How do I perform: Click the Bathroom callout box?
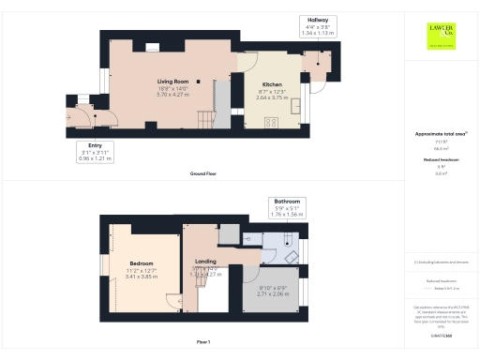coord(286,207)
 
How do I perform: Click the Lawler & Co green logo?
coord(441,34)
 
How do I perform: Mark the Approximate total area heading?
coord(440,134)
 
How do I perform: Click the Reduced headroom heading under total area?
coord(440,160)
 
